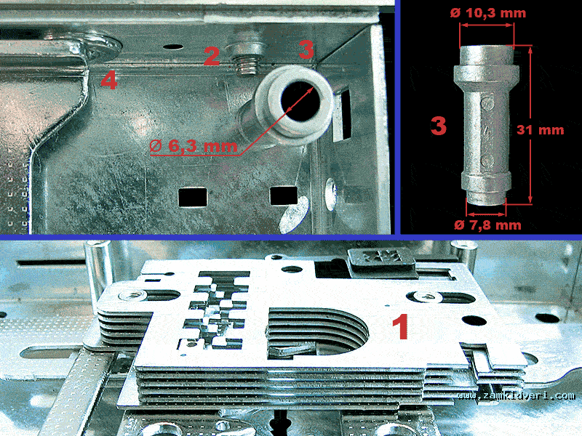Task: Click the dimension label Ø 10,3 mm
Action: (x=488, y=13)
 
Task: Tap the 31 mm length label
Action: (x=540, y=130)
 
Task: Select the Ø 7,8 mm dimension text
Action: (x=487, y=225)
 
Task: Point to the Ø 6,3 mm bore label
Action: (x=194, y=146)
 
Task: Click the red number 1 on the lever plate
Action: (x=401, y=326)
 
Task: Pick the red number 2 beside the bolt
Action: (x=212, y=57)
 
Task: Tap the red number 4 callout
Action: (x=109, y=81)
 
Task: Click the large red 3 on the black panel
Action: (x=439, y=125)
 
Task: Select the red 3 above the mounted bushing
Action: (x=306, y=49)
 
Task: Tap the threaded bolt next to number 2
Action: (x=247, y=59)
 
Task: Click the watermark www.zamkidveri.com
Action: (x=516, y=395)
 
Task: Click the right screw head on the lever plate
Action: (x=423, y=296)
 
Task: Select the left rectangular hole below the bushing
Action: (x=192, y=197)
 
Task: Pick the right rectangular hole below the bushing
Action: (x=284, y=195)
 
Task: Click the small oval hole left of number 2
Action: (x=173, y=47)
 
